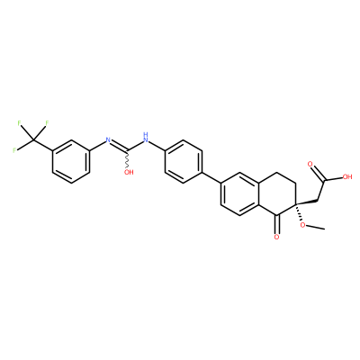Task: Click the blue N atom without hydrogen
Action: pos(108,139)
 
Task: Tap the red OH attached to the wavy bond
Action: pos(129,172)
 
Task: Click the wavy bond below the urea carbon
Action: pos(128,158)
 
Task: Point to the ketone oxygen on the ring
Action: pos(276,237)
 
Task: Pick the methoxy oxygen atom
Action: pos(303,225)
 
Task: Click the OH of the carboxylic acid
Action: pos(347,176)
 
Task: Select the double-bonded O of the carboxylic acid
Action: pos(310,165)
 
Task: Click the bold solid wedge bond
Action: pos(307,202)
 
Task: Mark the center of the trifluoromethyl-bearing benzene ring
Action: pos(71,161)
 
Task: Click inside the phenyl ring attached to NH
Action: pos(183,161)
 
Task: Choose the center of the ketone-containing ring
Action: pos(277,193)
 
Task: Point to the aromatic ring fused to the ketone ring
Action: pos(239,193)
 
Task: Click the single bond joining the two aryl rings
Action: pos(211,177)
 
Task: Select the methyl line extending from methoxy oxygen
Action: pos(316,227)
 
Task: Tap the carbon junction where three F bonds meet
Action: pos(33,139)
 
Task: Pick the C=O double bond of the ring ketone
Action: pos(277,224)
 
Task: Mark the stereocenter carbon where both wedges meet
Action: pos(296,204)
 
